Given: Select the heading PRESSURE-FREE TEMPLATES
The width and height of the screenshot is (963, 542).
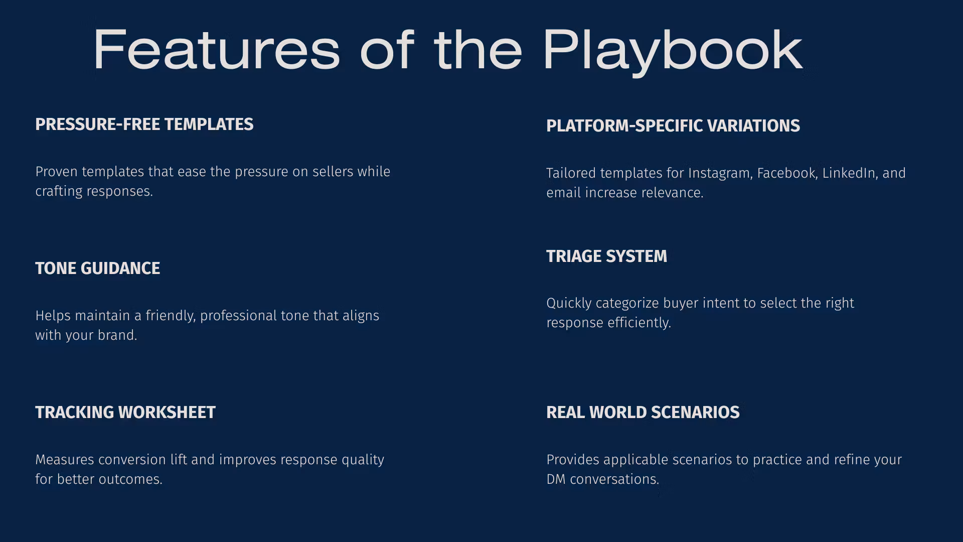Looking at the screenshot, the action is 144,124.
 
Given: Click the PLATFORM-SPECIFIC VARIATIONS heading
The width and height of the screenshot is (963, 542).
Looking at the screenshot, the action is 673,126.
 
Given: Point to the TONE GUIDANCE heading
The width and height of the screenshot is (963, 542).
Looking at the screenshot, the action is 98,268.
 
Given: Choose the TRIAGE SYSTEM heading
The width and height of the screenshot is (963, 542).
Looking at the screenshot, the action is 607,256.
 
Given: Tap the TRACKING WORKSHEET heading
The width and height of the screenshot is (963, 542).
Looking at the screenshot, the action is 125,413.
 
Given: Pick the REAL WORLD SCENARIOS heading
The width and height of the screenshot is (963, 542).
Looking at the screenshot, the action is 643,413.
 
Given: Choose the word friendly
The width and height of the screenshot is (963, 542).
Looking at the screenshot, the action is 171,316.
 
